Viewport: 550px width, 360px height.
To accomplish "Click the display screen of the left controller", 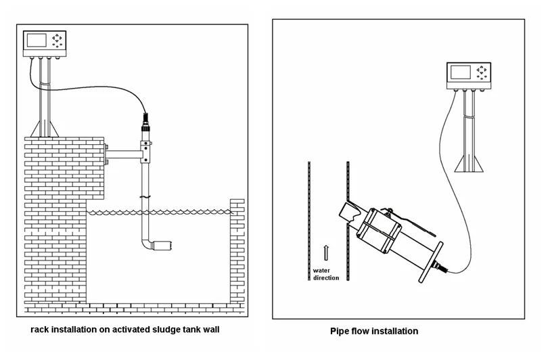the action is click(x=37, y=41).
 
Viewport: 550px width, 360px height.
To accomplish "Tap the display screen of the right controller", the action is click(x=460, y=72).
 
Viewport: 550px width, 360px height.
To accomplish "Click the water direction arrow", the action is click(x=326, y=252).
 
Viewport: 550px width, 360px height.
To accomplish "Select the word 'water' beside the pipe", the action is click(x=321, y=271).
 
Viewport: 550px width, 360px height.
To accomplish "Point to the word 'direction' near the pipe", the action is click(x=326, y=278).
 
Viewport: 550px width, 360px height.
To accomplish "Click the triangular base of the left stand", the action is click(x=45, y=129).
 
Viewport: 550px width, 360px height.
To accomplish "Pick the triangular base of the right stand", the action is click(x=469, y=164).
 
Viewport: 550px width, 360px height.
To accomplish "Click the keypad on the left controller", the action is click(x=57, y=41).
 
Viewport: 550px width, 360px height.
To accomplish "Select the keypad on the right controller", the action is click(x=481, y=72).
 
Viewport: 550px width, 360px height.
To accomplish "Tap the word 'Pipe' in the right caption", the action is click(x=339, y=332).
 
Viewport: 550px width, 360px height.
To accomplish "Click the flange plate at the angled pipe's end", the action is click(x=431, y=262).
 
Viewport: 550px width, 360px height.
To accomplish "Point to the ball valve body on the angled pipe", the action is click(x=379, y=231).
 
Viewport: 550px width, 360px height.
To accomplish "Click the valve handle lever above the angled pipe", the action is click(x=417, y=225).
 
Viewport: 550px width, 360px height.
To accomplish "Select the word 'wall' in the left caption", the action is click(x=211, y=330).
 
